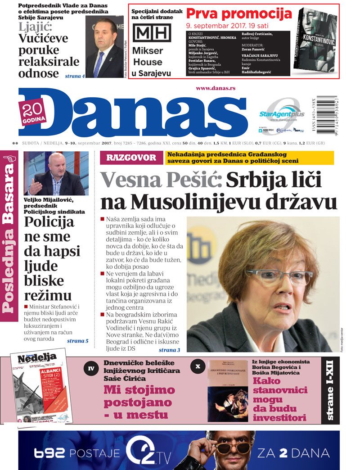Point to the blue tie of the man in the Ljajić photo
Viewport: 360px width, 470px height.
coord(99,63)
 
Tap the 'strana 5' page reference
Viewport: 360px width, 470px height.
coord(77,341)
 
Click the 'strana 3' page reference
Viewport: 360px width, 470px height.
coord(169,350)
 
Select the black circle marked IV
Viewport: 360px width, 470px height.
coord(91,369)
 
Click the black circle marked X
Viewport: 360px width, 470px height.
coord(198,366)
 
